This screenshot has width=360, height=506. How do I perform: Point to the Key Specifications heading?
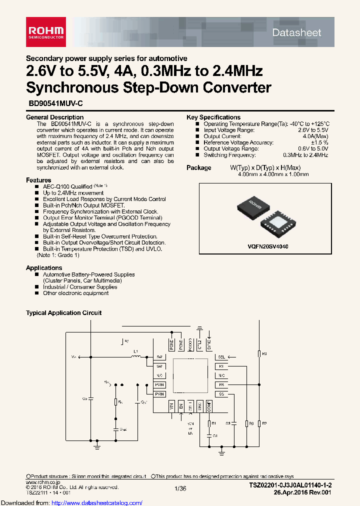213,117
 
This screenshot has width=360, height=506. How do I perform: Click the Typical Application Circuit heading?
63,313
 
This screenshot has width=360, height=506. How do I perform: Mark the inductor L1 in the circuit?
135,356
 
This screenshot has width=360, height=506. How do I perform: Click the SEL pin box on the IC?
221,357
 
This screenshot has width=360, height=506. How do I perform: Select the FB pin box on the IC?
221,384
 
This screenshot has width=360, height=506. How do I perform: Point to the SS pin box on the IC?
221,394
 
